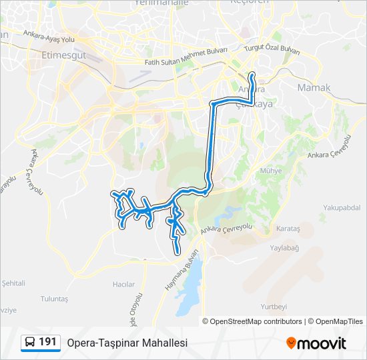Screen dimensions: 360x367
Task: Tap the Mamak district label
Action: coord(314,87)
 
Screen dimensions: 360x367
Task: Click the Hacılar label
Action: coord(123,284)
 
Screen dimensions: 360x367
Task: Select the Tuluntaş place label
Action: coord(54,299)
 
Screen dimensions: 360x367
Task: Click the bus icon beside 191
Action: coord(30,343)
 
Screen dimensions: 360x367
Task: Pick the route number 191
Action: coord(48,342)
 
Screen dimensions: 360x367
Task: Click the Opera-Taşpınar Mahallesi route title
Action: coord(127,343)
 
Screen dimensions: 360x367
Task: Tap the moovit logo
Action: coord(316,343)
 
